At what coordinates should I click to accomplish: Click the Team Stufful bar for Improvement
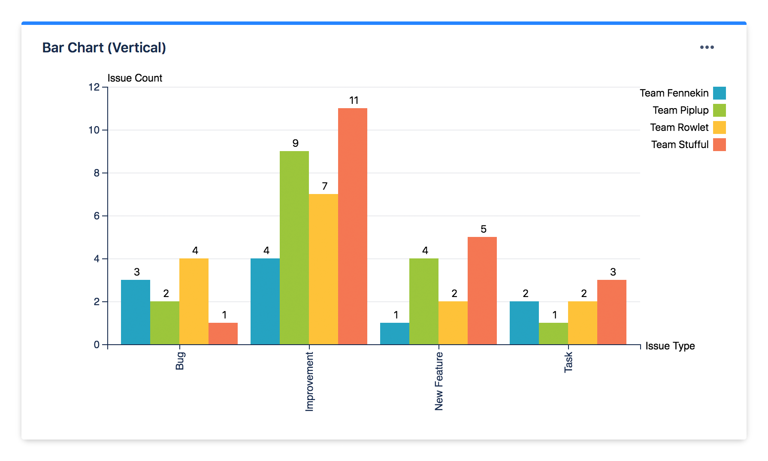click(353, 226)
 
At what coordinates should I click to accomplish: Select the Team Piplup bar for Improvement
click(294, 248)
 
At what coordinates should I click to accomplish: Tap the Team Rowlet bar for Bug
click(194, 301)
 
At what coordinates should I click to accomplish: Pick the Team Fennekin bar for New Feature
click(395, 334)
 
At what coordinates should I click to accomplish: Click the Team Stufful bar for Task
click(612, 312)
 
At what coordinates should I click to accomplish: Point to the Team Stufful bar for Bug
click(223, 334)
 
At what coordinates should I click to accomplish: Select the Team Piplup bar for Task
click(553, 334)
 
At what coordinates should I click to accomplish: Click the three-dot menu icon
click(707, 47)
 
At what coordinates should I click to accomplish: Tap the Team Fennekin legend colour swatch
click(720, 93)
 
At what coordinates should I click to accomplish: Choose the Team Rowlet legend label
click(679, 127)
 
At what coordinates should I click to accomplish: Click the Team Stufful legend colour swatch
click(720, 145)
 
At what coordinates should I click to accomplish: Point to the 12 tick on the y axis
click(94, 87)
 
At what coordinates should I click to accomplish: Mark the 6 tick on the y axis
click(97, 216)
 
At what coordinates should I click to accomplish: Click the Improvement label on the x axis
click(309, 382)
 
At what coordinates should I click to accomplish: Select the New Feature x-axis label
click(439, 381)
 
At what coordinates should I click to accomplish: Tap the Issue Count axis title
click(135, 78)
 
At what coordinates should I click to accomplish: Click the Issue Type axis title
click(670, 346)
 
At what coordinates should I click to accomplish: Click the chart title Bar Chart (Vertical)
click(104, 48)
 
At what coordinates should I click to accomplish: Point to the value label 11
click(354, 100)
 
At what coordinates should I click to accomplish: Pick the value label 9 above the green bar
click(295, 143)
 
